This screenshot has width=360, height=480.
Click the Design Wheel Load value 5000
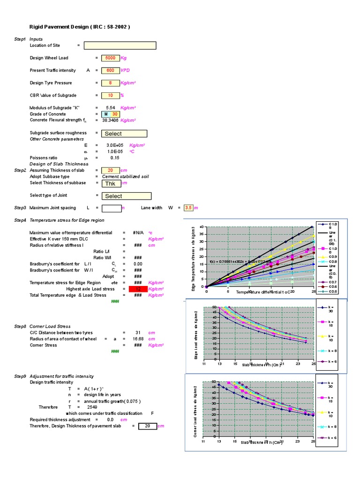coord(110,58)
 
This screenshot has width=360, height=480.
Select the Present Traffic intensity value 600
coord(110,70)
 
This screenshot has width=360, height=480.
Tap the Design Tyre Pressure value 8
coord(110,83)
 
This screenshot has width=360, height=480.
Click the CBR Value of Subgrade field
coord(110,95)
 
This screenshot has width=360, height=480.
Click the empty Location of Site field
coord(120,45)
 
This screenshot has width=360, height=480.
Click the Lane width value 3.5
coord(189,208)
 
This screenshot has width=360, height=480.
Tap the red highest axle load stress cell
coord(138,289)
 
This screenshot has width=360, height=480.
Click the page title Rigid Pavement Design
coord(80,27)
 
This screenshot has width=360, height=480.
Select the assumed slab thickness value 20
coord(110,170)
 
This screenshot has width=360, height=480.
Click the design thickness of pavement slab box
coord(147,426)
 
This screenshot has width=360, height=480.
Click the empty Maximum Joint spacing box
coord(112,208)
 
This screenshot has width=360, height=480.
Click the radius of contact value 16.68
coord(138,339)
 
